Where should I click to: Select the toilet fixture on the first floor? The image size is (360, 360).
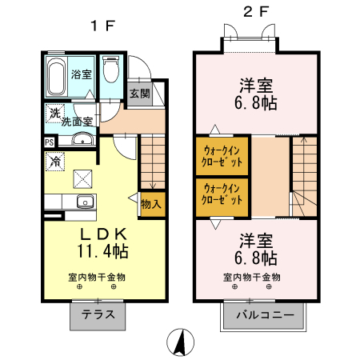pos(110,73)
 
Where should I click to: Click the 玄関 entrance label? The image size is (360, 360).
pos(139,94)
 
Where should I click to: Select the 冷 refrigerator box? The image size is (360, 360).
pos(56,162)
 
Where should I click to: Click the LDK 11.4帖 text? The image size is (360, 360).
pos(102,242)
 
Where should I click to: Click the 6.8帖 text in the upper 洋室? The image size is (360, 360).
pos(256,103)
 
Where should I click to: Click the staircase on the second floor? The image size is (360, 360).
pos(303,172)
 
